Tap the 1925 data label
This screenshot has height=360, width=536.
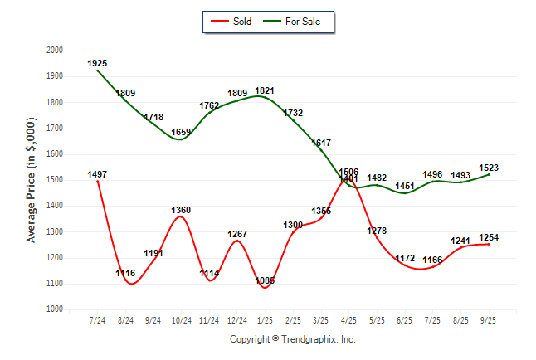tap(97, 63)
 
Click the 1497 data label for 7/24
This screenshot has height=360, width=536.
tap(97, 174)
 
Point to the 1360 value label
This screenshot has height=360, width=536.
tap(181, 210)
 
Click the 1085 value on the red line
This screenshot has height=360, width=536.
tap(265, 280)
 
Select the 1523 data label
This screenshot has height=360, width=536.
tap(489, 168)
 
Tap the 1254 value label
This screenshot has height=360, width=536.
tap(489, 238)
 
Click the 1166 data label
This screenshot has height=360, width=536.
tap(432, 260)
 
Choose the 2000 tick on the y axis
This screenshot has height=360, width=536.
tap(55, 51)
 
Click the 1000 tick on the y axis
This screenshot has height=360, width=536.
tap(55, 309)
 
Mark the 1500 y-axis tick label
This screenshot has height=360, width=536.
tap(55, 180)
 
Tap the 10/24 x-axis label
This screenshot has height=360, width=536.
tap(181, 320)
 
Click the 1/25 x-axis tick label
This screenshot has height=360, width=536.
tap(265, 320)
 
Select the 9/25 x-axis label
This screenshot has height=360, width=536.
tap(489, 320)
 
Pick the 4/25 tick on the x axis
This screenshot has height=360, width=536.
tap(348, 320)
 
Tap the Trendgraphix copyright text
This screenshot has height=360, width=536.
tap(292, 339)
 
